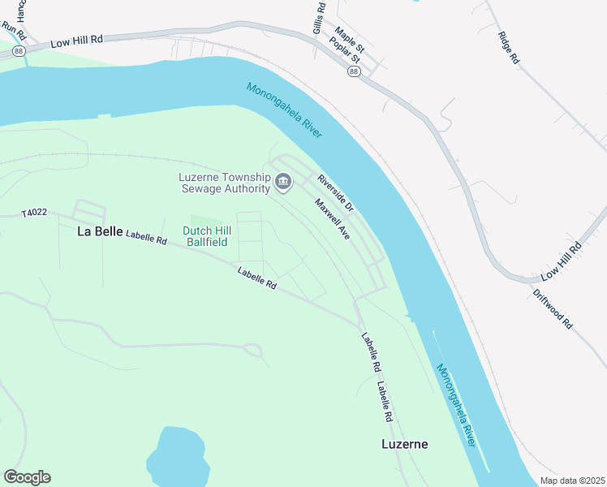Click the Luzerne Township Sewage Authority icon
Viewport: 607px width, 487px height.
click(x=283, y=181)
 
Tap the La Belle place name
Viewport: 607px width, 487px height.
click(x=100, y=231)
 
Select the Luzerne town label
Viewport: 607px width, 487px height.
click(x=404, y=444)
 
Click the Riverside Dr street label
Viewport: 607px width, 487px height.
click(x=335, y=193)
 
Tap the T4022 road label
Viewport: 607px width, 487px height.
click(x=35, y=213)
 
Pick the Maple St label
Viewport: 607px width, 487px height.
click(x=351, y=38)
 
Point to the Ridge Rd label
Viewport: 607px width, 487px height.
click(x=508, y=48)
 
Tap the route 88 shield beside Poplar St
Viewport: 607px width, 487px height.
click(x=354, y=71)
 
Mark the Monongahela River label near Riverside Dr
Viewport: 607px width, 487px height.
click(x=284, y=110)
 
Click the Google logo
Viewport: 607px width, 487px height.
click(x=27, y=477)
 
